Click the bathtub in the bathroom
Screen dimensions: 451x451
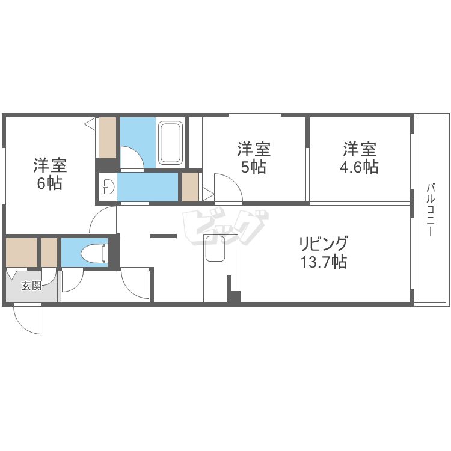tap(171, 143)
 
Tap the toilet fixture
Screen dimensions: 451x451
tap(94, 253)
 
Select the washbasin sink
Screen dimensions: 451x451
tap(108, 186)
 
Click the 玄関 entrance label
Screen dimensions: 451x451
tap(32, 286)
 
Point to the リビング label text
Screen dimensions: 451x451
tap(324, 244)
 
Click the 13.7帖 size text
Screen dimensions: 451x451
tap(324, 262)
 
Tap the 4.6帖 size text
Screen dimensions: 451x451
tap(359, 167)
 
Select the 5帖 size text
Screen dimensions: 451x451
tap(253, 167)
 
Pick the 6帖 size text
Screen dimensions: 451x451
tap(50, 183)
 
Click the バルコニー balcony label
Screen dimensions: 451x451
tap(431, 210)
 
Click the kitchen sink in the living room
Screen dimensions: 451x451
tap(215, 248)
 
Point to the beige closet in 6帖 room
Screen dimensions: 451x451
tap(108, 138)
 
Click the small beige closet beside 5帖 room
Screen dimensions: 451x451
tap(191, 186)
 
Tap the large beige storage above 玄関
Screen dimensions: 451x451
tap(22, 252)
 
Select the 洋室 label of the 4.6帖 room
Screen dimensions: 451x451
tap(360, 149)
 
